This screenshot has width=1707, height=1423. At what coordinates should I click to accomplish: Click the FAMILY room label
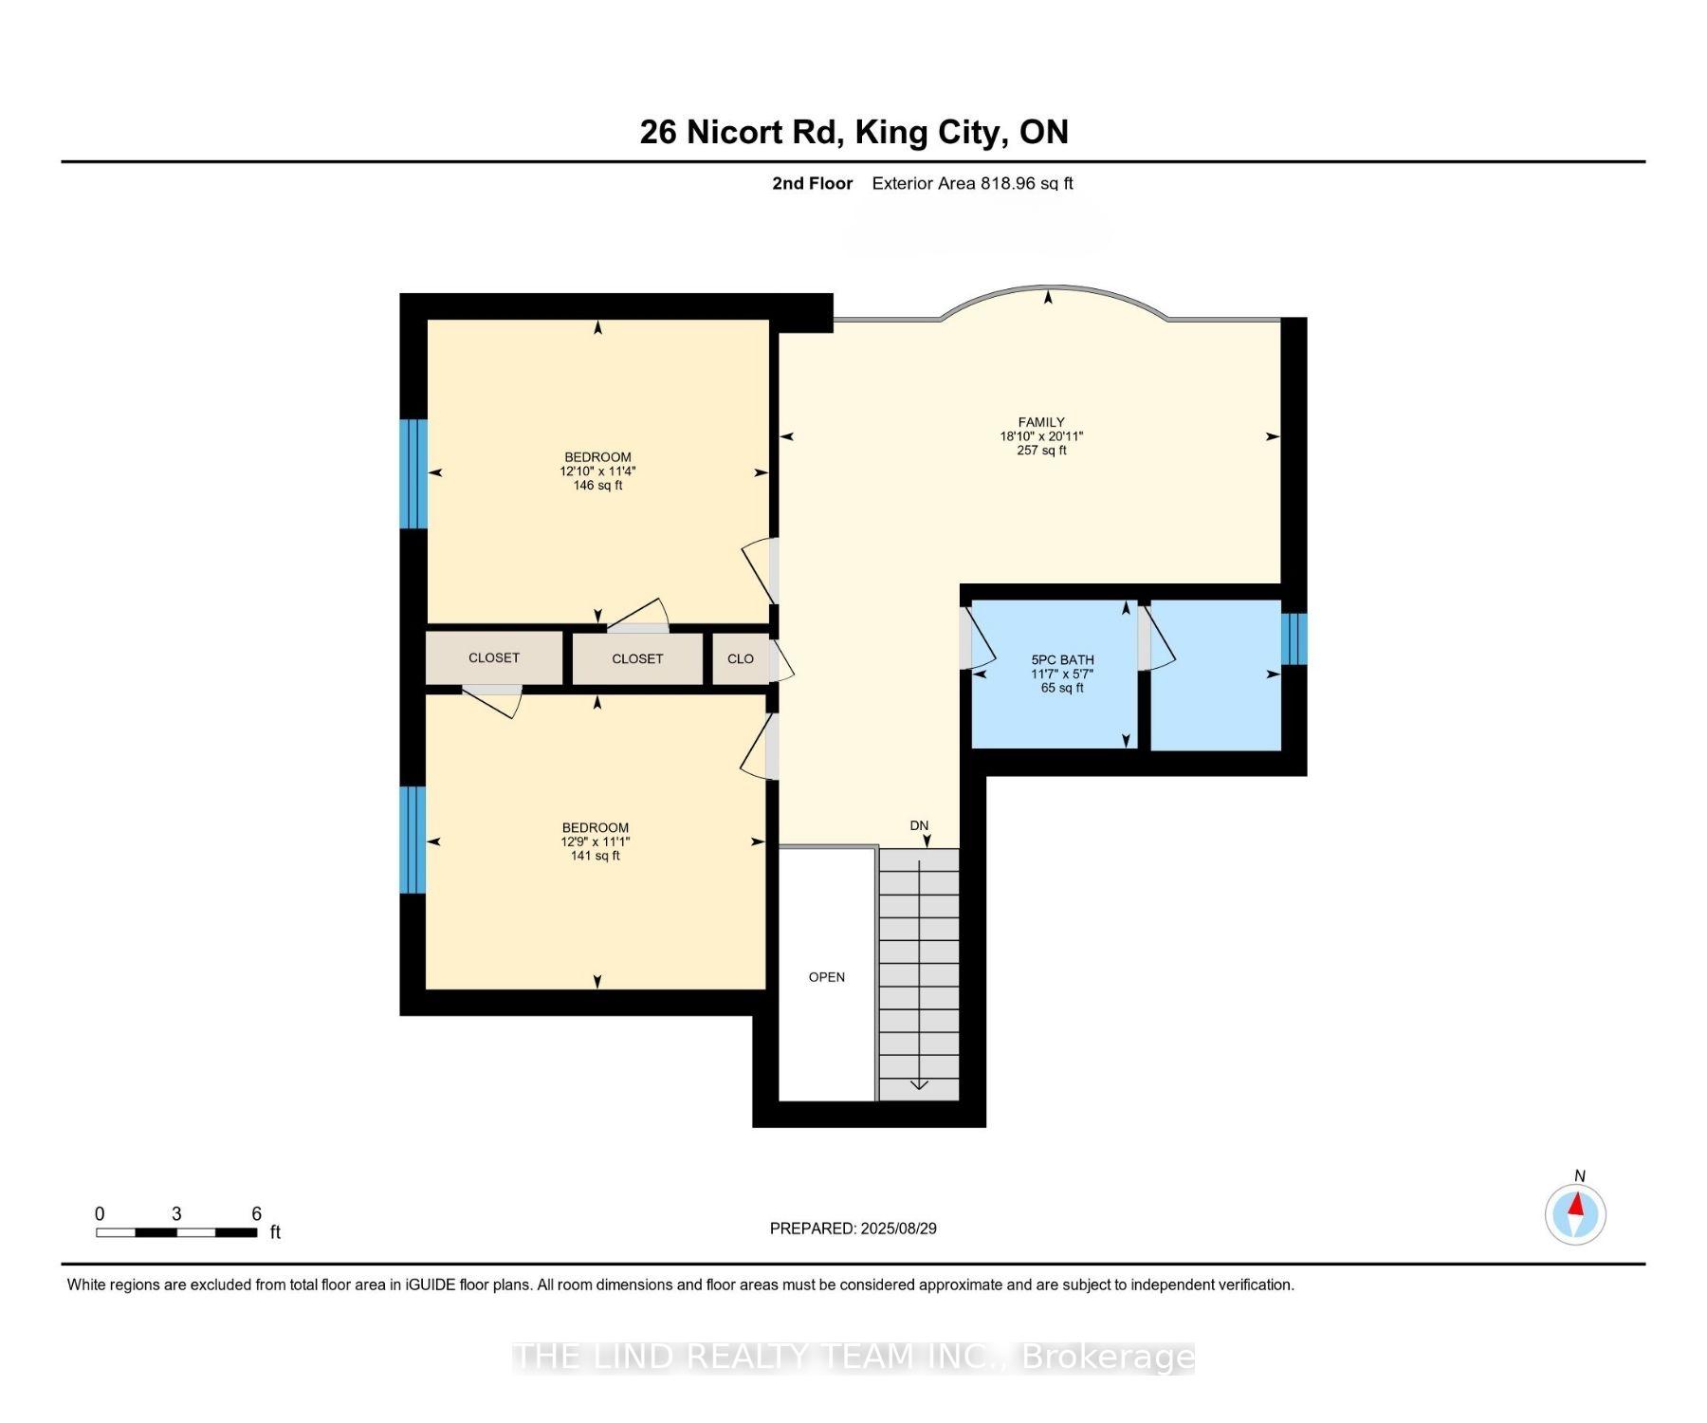pos(1041,422)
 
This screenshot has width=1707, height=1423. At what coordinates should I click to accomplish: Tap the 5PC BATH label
pos(1062,660)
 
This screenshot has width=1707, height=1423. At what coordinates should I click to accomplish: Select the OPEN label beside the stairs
pos(827,977)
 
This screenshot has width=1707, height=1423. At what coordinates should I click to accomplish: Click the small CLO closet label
pos(741,658)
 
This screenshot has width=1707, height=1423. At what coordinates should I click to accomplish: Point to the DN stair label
pos(919,825)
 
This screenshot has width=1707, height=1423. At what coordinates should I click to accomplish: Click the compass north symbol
pos(1575,1213)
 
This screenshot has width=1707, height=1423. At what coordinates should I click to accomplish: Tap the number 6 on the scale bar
pos(256,1213)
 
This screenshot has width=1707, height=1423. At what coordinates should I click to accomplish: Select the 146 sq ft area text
pos(597,486)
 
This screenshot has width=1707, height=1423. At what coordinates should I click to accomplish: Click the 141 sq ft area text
pos(596,856)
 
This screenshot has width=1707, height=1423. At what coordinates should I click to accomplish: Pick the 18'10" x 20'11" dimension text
pos(1041,436)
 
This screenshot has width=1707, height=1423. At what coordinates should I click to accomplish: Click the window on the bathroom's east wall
pos(1294,638)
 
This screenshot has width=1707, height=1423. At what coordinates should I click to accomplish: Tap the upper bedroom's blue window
pos(413,473)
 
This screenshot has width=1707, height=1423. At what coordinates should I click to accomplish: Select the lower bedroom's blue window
pos(413,840)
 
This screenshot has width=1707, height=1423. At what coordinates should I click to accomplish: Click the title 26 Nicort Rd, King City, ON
pos(854,132)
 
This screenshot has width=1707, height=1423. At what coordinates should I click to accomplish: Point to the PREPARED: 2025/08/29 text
pos(853,1229)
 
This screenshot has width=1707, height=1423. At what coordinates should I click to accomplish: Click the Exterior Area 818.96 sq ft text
pos(973,183)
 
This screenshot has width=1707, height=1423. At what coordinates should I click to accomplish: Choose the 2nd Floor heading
pos(813,183)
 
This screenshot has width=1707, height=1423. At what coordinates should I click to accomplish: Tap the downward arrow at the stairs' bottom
pos(919,1084)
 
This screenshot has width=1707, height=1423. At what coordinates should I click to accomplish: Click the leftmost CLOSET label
pos(494,657)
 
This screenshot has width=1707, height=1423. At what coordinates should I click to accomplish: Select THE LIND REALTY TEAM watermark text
pos(853,1358)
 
